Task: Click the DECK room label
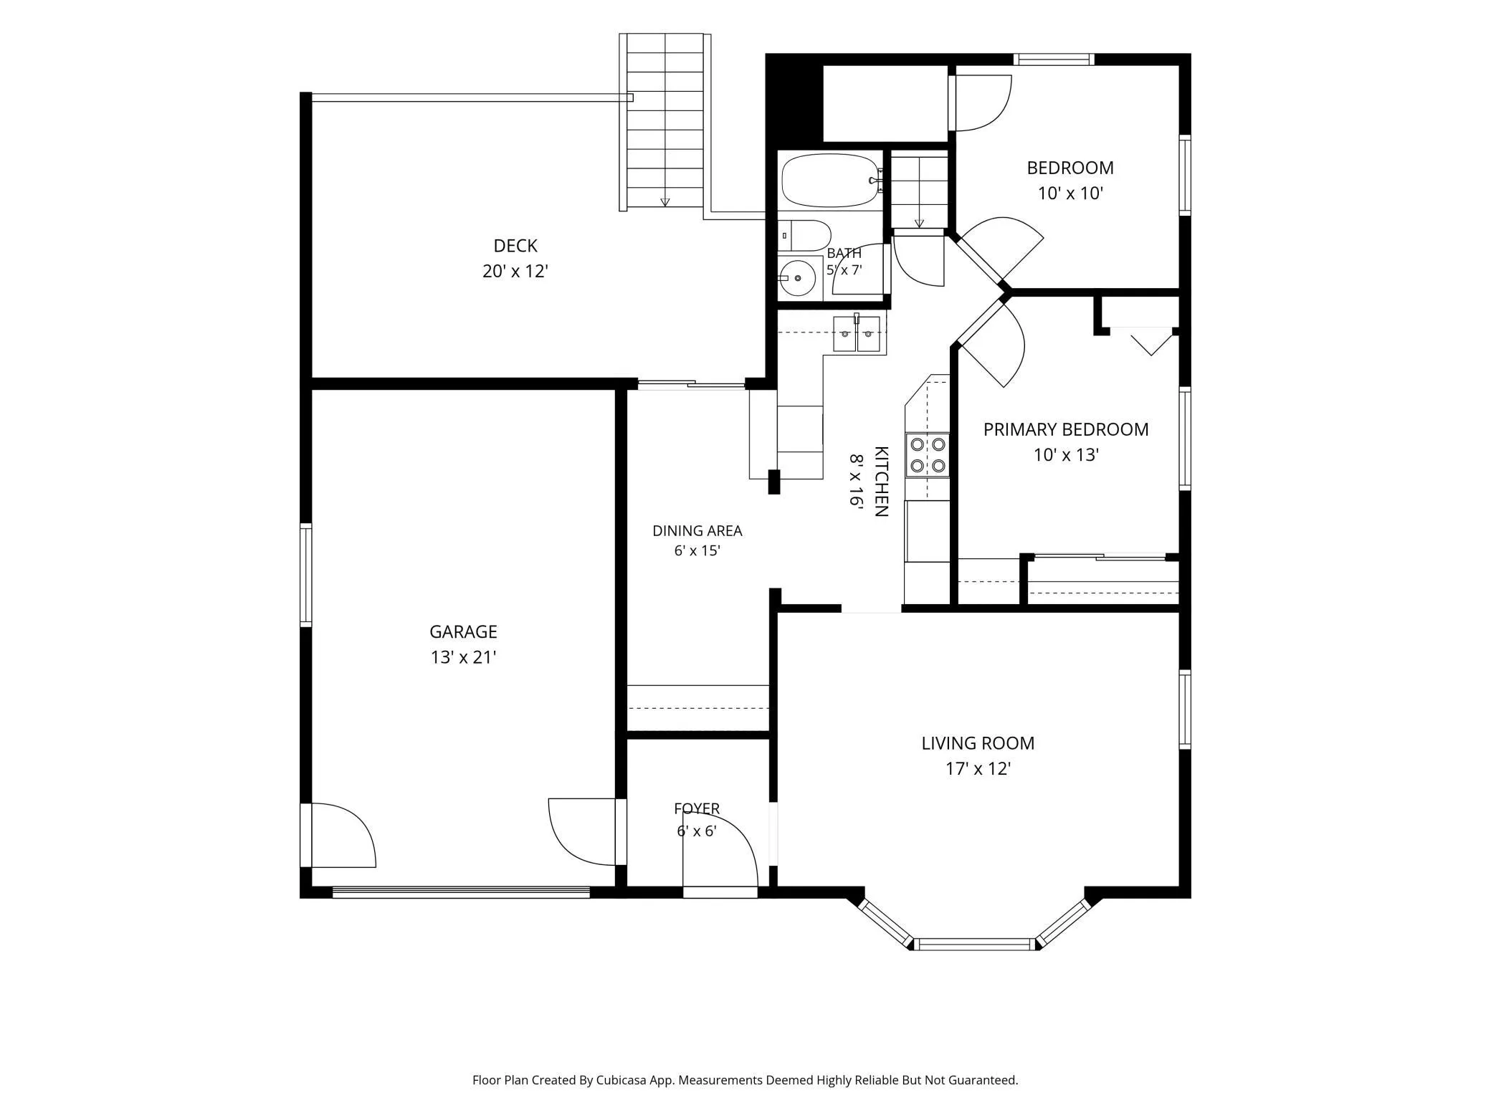[x=515, y=246]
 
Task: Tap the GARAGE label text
[x=463, y=631]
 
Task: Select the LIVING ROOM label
[x=978, y=743]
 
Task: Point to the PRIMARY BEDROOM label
[x=1066, y=429]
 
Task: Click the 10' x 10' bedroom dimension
[x=1070, y=193]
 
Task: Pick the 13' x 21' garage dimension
[x=463, y=657]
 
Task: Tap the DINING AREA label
[x=697, y=531]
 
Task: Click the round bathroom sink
[x=797, y=277]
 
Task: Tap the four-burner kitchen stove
[x=928, y=455]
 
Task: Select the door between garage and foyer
[x=583, y=832]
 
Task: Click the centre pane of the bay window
[x=974, y=944]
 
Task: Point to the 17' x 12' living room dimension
[x=978, y=769]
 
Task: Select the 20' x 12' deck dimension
[x=515, y=272]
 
